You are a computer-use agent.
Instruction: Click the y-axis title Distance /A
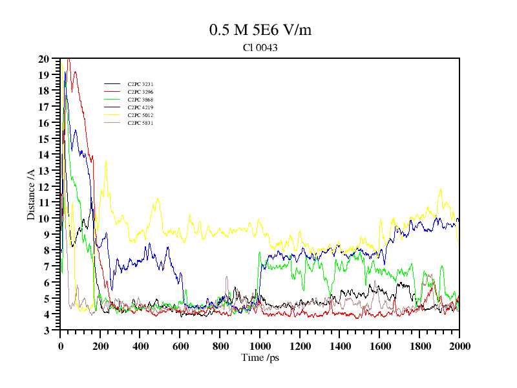pyautogui.click(x=31, y=194)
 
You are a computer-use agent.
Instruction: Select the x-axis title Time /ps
pyautogui.click(x=260, y=358)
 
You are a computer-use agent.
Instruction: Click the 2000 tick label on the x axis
pyautogui.click(x=459, y=346)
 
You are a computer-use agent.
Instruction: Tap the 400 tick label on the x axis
pyautogui.click(x=140, y=346)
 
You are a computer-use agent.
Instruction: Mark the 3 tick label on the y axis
pyautogui.click(x=47, y=330)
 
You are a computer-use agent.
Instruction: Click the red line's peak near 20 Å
pyautogui.click(x=69, y=59)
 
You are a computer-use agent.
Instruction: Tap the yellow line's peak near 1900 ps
pyautogui.click(x=441, y=189)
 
